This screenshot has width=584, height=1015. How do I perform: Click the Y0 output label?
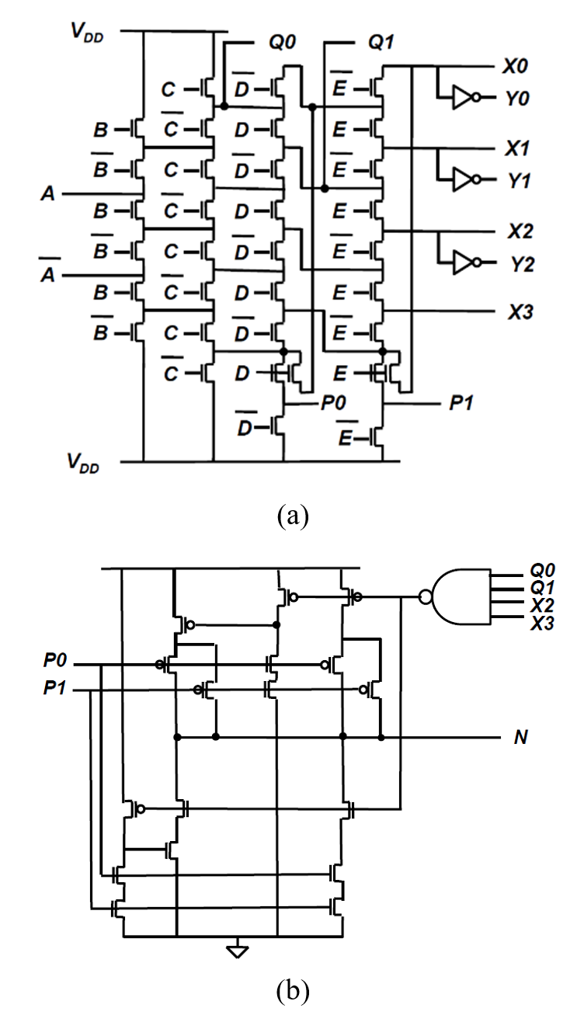point(517,99)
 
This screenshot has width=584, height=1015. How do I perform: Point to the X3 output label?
point(520,311)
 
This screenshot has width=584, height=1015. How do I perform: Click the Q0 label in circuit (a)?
point(282,42)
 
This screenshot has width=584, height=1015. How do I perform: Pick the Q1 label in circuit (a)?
point(381,42)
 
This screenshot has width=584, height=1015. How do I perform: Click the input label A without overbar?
point(48,193)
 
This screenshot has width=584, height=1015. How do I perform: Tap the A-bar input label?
point(47,270)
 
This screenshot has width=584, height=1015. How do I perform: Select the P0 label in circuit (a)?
point(333,402)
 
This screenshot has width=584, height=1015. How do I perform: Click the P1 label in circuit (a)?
point(461,402)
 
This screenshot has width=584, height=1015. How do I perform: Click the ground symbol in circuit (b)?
point(238,951)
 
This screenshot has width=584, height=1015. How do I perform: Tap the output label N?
point(520,738)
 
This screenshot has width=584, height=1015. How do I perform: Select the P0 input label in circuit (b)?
point(55,660)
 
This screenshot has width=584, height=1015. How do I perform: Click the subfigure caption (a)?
point(293,515)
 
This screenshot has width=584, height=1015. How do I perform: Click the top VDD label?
point(88,33)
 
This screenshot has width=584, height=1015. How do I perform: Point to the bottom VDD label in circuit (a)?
point(83,463)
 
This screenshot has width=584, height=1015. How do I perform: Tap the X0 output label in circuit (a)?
point(515,67)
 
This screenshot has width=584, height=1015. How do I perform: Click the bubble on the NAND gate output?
point(426,597)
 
